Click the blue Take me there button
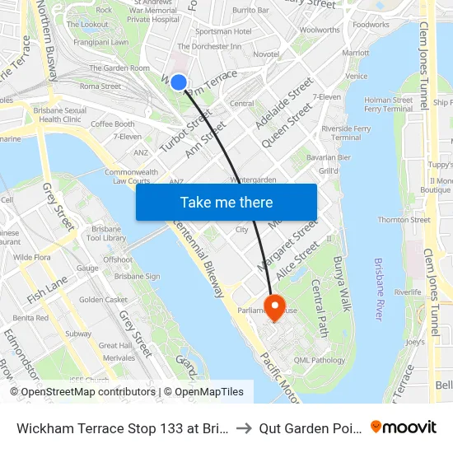[226, 203]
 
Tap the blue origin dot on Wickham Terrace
[178, 82]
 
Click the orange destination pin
[273, 307]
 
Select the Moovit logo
[404, 427]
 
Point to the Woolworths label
[320, 30]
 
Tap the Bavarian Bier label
[328, 157]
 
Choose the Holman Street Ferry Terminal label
[388, 105]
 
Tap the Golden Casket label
[103, 300]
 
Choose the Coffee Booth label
[113, 124]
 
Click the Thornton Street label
[404, 220]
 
